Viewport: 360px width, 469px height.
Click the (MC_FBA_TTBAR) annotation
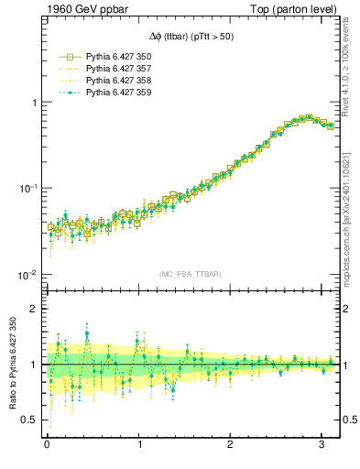click(x=191, y=274)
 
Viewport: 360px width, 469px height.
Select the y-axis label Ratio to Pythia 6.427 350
click(x=17, y=367)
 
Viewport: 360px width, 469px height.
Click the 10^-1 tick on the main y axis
click(x=27, y=189)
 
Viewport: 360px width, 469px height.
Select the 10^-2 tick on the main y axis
click(x=27, y=275)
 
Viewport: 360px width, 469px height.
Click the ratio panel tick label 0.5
click(x=30, y=420)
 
